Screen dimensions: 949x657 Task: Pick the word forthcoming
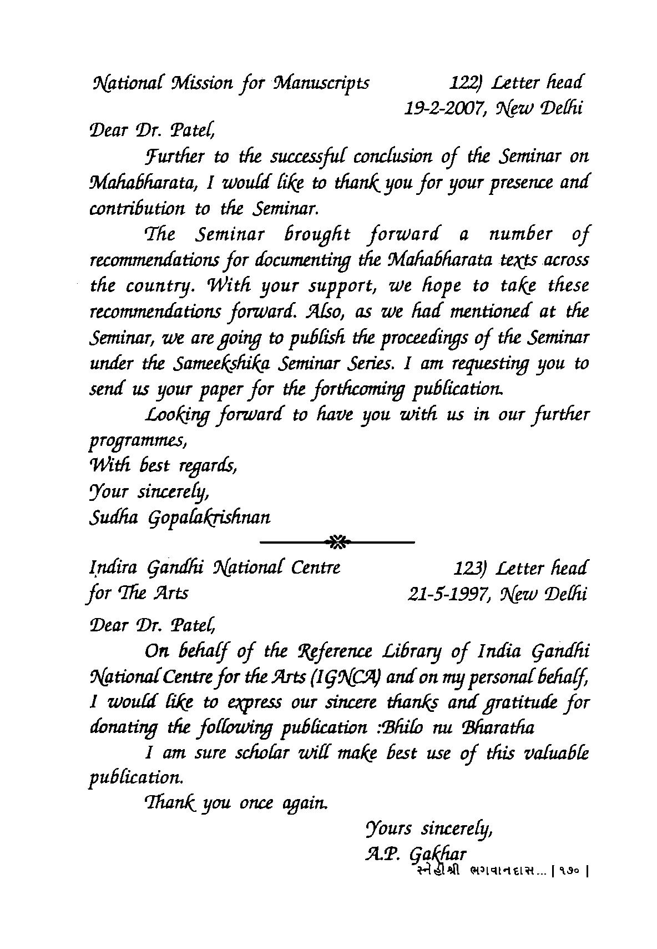pyautogui.click(x=351, y=390)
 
